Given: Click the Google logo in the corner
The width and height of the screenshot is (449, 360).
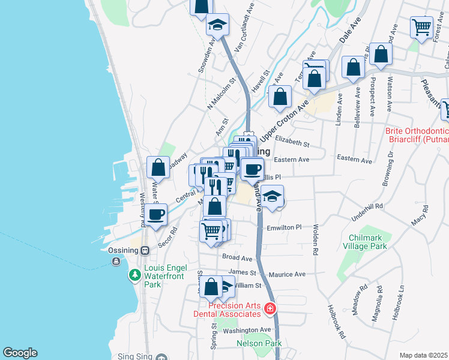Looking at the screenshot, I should [x=20, y=353].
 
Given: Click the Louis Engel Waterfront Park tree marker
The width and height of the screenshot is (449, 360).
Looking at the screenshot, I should [x=135, y=275].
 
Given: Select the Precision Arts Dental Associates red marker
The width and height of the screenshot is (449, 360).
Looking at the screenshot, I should [x=271, y=309].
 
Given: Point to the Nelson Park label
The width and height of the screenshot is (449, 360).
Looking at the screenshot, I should [x=259, y=344].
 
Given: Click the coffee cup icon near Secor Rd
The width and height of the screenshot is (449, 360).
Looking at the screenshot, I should [x=156, y=214].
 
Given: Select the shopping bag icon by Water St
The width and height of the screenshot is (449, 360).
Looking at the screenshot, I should [x=158, y=167].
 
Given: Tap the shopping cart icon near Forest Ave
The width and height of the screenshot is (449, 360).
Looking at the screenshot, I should [x=422, y=26].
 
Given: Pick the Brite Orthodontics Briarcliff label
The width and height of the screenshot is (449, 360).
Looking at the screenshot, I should [x=417, y=135].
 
